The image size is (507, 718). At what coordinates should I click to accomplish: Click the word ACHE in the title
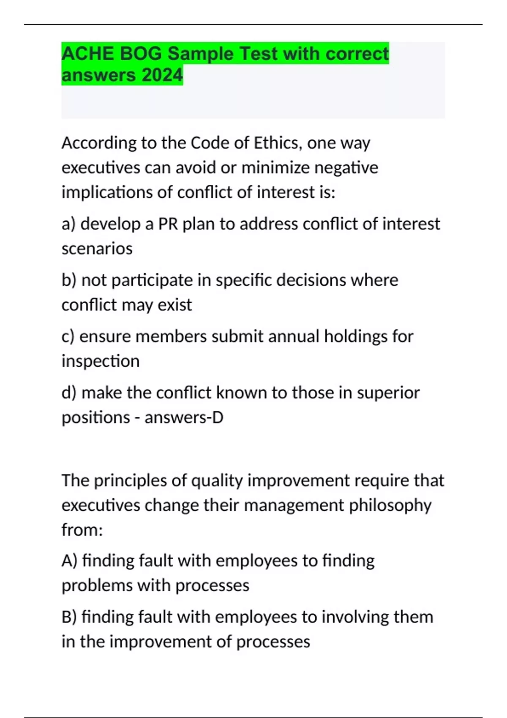click(87, 54)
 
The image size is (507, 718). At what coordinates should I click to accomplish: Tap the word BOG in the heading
click(141, 54)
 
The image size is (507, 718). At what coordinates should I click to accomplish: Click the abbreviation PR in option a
click(168, 224)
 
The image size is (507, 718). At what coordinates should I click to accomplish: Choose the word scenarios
click(97, 248)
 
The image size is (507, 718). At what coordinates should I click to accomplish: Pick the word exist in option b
click(174, 305)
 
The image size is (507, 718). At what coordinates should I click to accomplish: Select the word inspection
click(100, 361)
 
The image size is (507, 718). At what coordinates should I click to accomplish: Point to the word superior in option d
click(388, 393)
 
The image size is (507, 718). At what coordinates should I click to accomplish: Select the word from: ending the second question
click(82, 530)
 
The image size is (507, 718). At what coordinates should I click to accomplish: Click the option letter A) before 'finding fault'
click(69, 561)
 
